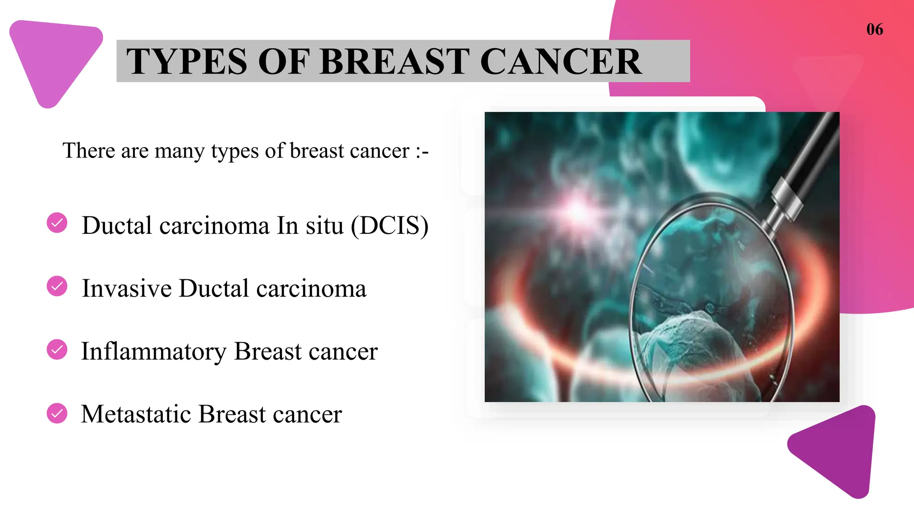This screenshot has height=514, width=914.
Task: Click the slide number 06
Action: (x=874, y=29)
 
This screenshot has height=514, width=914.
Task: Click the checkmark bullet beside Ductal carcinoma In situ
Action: (x=57, y=223)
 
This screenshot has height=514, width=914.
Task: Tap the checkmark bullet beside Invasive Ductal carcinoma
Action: (x=57, y=286)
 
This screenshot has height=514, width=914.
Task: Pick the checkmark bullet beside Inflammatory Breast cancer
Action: (x=57, y=349)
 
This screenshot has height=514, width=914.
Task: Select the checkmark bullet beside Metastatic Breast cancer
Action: (x=57, y=413)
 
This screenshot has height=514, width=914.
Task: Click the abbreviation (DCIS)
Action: (x=389, y=226)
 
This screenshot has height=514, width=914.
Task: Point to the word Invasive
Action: (x=127, y=289)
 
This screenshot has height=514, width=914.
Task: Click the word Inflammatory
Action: (x=154, y=352)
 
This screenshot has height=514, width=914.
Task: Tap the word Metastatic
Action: (x=136, y=415)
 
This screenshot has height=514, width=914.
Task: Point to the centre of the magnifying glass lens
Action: (x=712, y=299)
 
